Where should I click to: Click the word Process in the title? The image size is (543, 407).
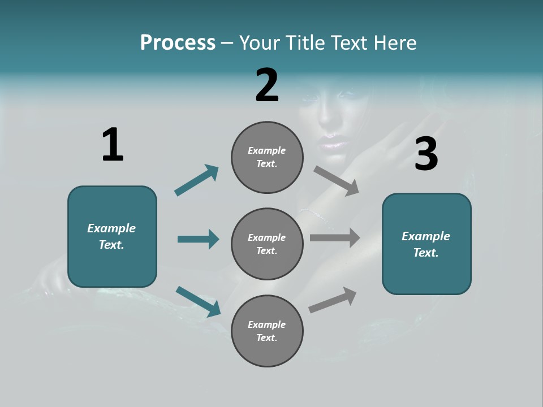178,43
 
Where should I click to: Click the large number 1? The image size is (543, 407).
113,145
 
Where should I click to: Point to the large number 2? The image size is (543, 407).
267,85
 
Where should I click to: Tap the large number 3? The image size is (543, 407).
426,154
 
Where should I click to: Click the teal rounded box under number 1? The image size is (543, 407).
112,236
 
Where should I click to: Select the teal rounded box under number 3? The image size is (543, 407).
426,244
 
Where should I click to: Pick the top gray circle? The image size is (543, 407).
267,157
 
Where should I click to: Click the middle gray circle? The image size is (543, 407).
267,244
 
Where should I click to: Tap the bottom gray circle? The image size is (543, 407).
267,331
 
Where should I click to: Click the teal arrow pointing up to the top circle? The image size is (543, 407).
196,180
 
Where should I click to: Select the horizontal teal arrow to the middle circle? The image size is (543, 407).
198,239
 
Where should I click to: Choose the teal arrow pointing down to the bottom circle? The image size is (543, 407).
198,301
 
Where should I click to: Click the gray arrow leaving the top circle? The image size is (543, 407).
337,180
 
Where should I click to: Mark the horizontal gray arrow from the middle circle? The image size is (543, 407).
335,238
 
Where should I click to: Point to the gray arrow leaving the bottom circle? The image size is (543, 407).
333,300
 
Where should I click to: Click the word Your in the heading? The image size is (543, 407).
258,43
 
